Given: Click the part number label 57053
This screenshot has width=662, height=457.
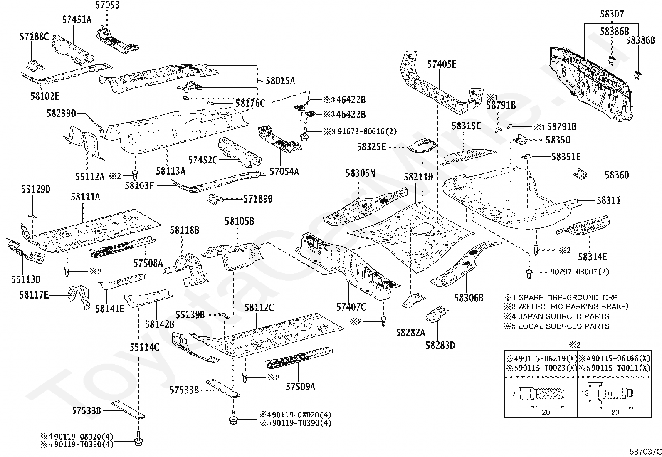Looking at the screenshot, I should pyautogui.click(x=107, y=5).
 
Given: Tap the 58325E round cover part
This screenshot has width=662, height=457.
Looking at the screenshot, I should pyautogui.click(x=422, y=147).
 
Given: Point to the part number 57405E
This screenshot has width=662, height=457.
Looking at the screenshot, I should pyautogui.click(x=442, y=64).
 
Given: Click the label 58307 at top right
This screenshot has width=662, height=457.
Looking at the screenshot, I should pyautogui.click(x=612, y=14).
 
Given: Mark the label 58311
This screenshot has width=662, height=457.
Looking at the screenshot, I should pyautogui.click(x=608, y=200).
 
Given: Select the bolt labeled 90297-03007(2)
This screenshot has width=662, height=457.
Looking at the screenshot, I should pyautogui.click(x=529, y=273).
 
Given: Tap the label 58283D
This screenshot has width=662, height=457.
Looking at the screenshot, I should pyautogui.click(x=440, y=345).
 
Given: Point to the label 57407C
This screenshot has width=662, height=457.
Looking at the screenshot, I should pyautogui.click(x=351, y=307).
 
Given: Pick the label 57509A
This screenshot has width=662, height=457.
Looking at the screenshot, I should pyautogui.click(x=300, y=387).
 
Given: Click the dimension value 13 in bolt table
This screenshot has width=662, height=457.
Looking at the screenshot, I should pyautogui.click(x=585, y=393).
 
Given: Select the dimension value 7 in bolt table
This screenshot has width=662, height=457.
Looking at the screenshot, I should pyautogui.click(x=514, y=393).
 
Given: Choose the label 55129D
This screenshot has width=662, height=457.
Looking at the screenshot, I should pyautogui.click(x=36, y=190).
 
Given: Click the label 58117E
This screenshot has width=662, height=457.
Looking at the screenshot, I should pyautogui.click(x=34, y=295).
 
